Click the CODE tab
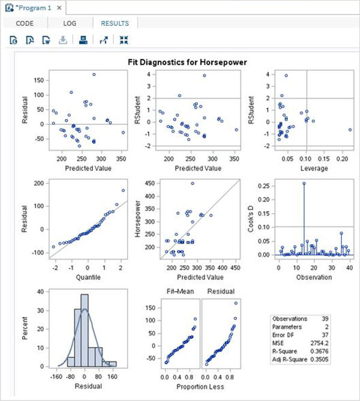tap(24, 23)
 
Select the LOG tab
tap(70, 23)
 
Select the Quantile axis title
tap(88, 277)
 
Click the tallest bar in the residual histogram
tap(85, 330)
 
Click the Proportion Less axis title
tap(193, 387)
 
